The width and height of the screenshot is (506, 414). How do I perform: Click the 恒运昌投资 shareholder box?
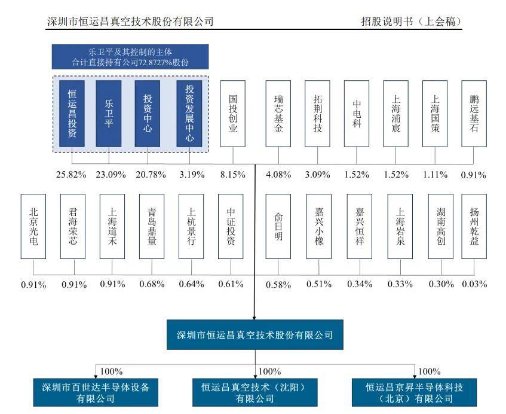tap(72, 114)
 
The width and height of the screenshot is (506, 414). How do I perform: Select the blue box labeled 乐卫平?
tap(108, 114)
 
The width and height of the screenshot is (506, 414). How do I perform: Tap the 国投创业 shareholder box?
tap(233, 114)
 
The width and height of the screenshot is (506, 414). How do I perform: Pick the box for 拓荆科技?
tap(317, 114)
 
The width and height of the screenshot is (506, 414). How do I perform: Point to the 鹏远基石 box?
tap(474, 114)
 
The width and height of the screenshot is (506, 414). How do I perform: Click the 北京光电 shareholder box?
tap(33, 226)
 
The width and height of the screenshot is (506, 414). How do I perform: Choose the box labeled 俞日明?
tap(278, 226)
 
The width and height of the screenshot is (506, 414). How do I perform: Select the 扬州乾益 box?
tap(474, 226)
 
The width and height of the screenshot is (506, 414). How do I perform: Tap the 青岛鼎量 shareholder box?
tap(151, 226)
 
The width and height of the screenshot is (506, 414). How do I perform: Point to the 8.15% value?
tap(233, 175)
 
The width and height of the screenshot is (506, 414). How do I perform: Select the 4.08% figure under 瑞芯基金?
tap(278, 175)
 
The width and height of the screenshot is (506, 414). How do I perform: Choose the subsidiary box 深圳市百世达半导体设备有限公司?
tap(95, 392)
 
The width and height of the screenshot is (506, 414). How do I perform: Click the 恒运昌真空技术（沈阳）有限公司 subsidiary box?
tap(255, 392)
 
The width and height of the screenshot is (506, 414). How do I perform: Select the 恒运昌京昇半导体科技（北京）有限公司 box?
tap(415, 392)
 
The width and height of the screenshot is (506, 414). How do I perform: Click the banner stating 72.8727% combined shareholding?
tap(130, 56)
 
